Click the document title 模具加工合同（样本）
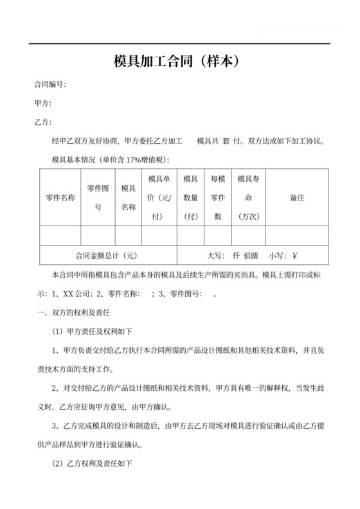(x=179, y=62)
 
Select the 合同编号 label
(x=50, y=85)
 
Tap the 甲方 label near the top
(x=43, y=103)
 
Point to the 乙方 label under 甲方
(x=43, y=122)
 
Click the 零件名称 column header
(x=60, y=197)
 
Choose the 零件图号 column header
(x=98, y=197)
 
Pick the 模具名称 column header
(x=129, y=197)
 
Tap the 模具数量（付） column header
(x=190, y=197)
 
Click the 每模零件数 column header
(x=218, y=197)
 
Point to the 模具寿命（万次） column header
(x=248, y=197)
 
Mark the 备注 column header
(x=297, y=197)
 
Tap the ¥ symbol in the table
(x=295, y=255)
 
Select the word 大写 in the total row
(x=215, y=255)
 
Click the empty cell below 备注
(x=297, y=235)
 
